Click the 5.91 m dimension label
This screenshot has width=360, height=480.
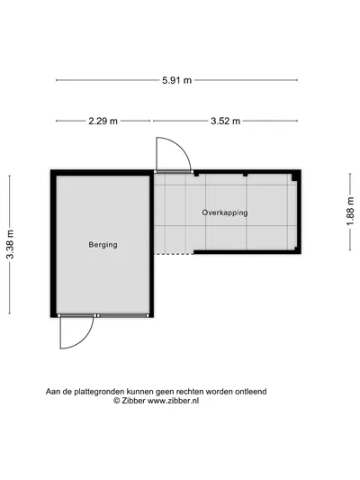click(176, 80)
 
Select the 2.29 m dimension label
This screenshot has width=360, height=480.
click(103, 121)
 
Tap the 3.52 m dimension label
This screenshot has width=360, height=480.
click(225, 121)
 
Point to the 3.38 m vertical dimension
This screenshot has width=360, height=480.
click(10, 244)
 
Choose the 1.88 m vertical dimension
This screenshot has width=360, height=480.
click(350, 212)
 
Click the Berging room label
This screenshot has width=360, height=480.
click(103, 245)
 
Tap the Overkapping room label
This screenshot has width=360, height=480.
click(225, 213)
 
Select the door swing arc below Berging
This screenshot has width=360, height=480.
click(86, 340)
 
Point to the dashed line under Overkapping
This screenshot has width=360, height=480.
click(174, 254)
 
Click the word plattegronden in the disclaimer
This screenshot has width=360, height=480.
click(99, 392)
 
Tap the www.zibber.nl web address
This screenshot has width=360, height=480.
click(174, 401)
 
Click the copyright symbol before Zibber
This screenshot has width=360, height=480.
click(116, 401)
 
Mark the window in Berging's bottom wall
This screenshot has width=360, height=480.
click(123, 315)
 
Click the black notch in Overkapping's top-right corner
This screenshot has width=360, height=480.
click(294, 177)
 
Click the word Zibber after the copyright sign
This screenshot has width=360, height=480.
click(134, 401)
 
